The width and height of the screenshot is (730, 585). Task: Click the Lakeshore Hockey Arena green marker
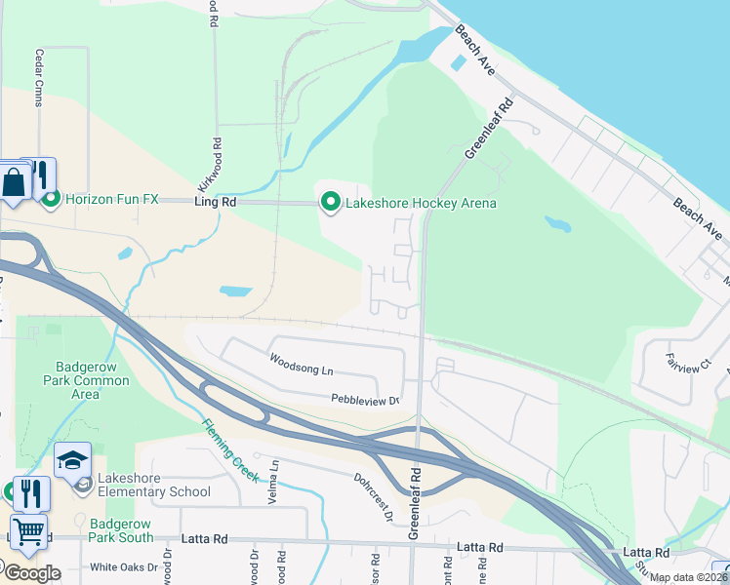click(x=331, y=203)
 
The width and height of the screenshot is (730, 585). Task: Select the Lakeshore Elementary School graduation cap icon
click(x=72, y=460)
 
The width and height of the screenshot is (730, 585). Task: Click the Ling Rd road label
click(x=216, y=202)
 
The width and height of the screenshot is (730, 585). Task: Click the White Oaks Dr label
click(x=123, y=566)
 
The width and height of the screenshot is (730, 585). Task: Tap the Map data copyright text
click(x=688, y=577)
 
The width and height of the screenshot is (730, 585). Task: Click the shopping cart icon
click(x=28, y=530)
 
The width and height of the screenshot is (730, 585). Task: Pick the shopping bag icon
click(x=16, y=182)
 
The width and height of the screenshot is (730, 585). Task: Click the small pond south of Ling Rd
click(x=236, y=291)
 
